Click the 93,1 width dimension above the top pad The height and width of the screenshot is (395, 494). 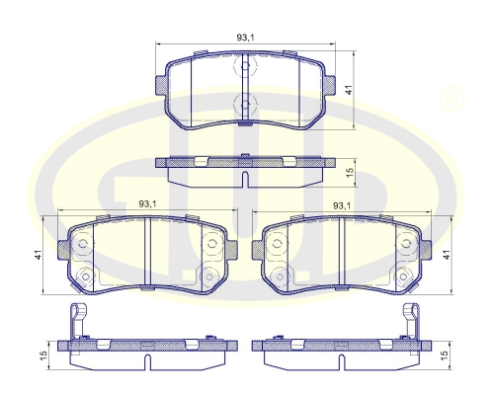(246, 38)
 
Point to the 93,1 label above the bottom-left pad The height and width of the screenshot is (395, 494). (144, 205)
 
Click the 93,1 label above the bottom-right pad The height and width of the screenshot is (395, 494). (343, 205)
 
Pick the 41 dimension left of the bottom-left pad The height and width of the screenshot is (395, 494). (38, 256)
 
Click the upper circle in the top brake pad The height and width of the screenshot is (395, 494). (245, 70)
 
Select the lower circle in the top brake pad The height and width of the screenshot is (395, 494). (245, 104)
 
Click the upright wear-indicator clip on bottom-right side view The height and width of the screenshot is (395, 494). (410, 321)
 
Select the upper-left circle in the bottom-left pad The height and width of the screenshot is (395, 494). (83, 243)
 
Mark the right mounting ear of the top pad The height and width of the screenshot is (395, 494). (330, 84)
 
